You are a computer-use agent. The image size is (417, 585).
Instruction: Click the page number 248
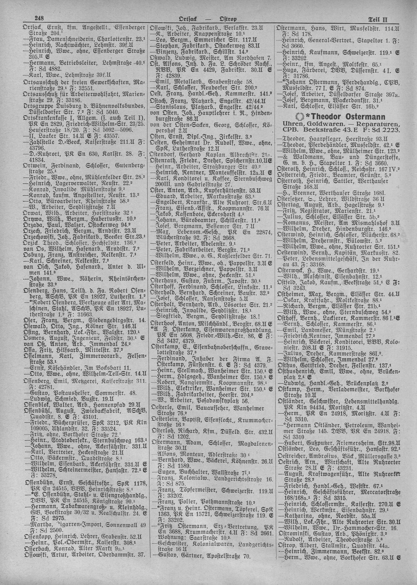[x=40, y=19]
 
